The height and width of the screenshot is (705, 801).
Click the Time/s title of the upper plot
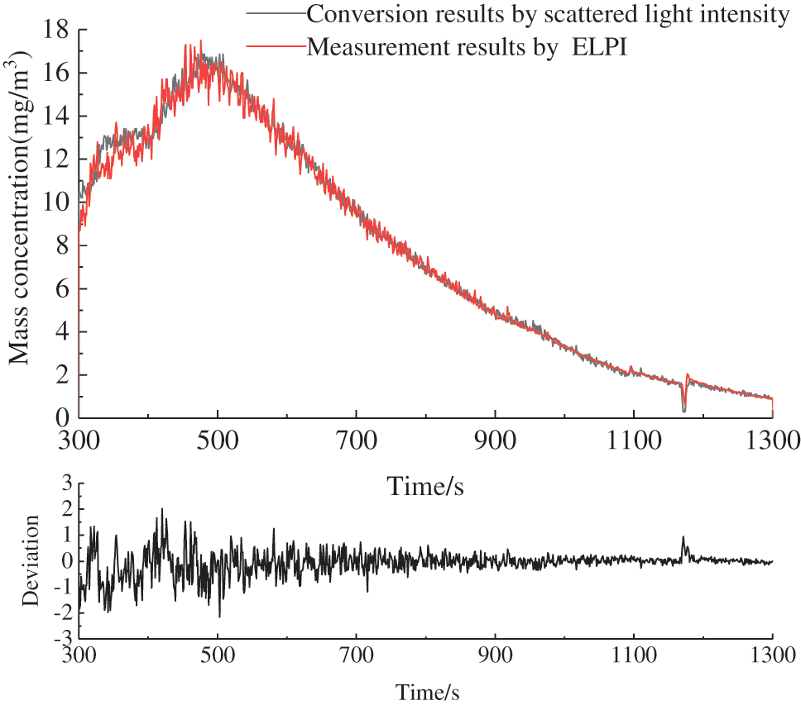(x=425, y=487)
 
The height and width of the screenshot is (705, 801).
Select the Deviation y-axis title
(x=31, y=560)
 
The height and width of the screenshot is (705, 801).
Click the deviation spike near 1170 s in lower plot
(x=683, y=539)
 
